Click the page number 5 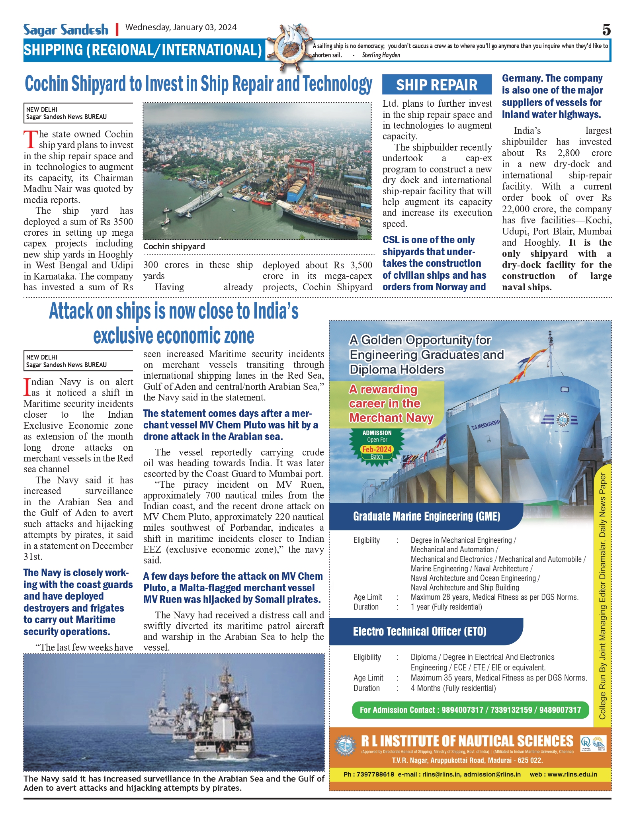[x=606, y=30]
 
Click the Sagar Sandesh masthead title [x=66, y=30]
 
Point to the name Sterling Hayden [x=381, y=55]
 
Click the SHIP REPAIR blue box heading [x=437, y=85]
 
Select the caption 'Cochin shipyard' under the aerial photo [x=174, y=246]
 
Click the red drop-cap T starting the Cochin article [x=30, y=139]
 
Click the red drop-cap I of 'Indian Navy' [x=27, y=387]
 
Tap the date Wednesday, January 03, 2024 [x=181, y=27]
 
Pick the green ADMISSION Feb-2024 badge [x=377, y=445]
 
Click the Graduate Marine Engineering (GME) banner [x=426, y=516]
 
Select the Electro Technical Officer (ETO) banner [x=420, y=631]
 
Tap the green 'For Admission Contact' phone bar [x=470, y=710]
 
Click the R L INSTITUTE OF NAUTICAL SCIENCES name [x=467, y=741]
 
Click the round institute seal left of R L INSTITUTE [x=345, y=745]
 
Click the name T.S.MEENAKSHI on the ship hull [x=485, y=425]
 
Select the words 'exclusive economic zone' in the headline [x=174, y=336]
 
